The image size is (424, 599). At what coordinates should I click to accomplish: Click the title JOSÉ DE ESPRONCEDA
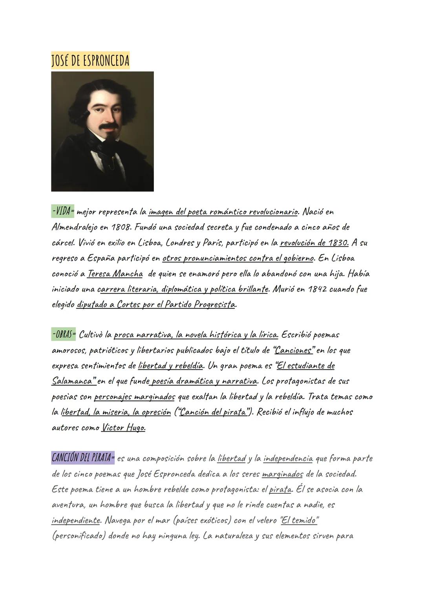pyautogui.click(x=90, y=61)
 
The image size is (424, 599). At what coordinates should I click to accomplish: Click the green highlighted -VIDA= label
pyautogui.click(x=63, y=211)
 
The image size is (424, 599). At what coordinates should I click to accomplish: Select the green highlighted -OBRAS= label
pyautogui.click(x=64, y=335)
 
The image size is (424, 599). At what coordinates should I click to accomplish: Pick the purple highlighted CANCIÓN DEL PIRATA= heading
pyautogui.click(x=83, y=458)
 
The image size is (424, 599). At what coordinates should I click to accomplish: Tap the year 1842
pyautogui.click(x=318, y=289)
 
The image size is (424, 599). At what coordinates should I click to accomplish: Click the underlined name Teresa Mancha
pyautogui.click(x=115, y=274)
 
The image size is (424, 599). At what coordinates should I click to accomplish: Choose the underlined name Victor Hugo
pyautogui.click(x=123, y=428)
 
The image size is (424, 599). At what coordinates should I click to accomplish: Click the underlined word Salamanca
pyautogui.click(x=73, y=381)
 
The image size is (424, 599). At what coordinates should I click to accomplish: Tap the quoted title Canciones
pyautogui.click(x=294, y=350)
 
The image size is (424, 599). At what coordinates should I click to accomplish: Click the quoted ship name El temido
pyautogui.click(x=299, y=520)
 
